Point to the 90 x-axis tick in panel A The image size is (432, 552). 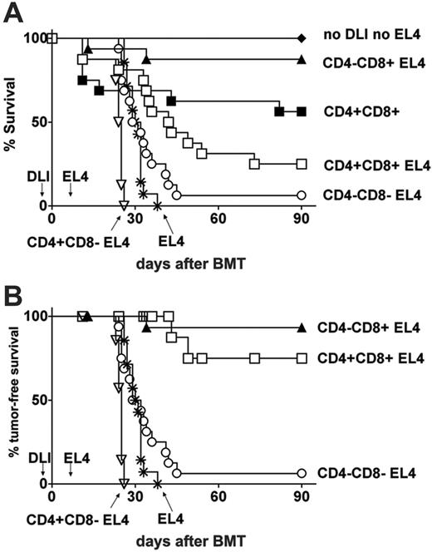click(302, 219)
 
